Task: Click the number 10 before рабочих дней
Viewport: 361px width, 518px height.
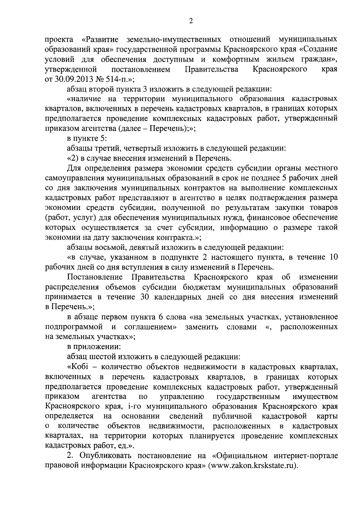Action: pos(332,257)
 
